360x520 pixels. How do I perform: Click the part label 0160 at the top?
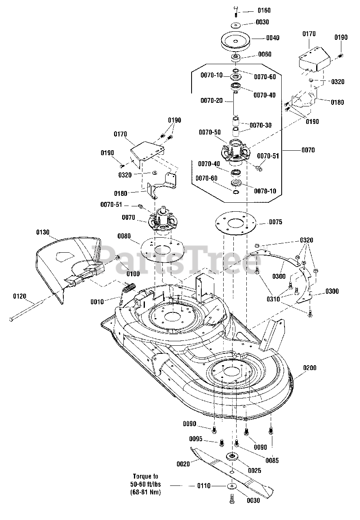pyautogui.click(x=264, y=11)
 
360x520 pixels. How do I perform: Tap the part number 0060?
pyautogui.click(x=265, y=54)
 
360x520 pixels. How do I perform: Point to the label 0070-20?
pyautogui.click(x=211, y=100)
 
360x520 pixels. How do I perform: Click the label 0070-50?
pyautogui.click(x=210, y=132)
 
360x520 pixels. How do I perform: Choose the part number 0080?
pyautogui.click(x=124, y=236)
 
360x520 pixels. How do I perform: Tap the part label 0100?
pyautogui.click(x=133, y=274)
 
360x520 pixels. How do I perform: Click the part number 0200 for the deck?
pyautogui.click(x=310, y=368)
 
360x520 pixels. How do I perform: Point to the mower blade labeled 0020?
pyautogui.click(x=232, y=470)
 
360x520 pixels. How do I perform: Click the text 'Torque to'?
pyautogui.click(x=145, y=477)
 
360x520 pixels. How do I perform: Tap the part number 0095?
pyautogui.click(x=196, y=439)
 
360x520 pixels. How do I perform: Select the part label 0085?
pyautogui.click(x=272, y=460)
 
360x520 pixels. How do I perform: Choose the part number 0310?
pyautogui.click(x=273, y=299)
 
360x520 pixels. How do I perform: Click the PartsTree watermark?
pyautogui.click(x=177, y=260)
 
